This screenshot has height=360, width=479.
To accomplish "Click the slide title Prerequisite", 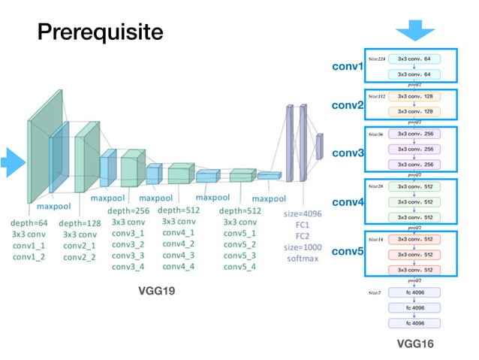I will tap(101, 33).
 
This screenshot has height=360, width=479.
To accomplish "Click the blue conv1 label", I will tap(348, 68).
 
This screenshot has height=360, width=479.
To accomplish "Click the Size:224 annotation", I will tap(376, 57).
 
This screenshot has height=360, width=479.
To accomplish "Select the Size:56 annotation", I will tap(375, 135).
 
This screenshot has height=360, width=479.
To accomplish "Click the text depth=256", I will tap(128, 210).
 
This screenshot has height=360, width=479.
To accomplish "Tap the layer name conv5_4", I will tap(239, 267).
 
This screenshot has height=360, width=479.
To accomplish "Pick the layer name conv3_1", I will tap(128, 233).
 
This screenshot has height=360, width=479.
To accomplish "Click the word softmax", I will tap(303, 259).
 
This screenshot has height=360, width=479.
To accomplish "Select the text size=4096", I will tap(303, 213).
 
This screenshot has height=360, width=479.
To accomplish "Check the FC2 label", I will tap(303, 236).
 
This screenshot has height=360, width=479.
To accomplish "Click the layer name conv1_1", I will tap(29, 245).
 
